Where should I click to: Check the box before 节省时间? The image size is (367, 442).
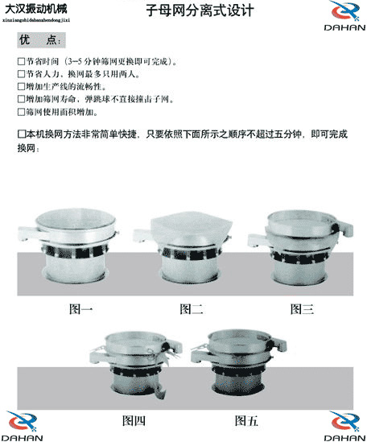tap(21, 61)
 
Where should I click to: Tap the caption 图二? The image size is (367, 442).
tap(191, 309)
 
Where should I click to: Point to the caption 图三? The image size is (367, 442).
tap(301, 309)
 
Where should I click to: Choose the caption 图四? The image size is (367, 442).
tap(134, 420)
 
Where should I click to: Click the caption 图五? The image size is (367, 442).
tap(246, 420)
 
